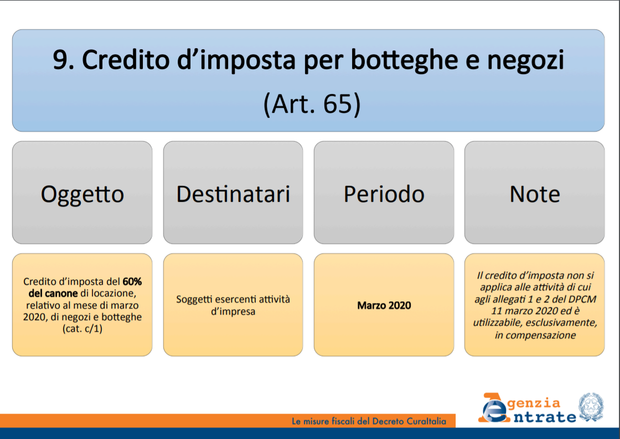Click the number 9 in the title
click(61, 60)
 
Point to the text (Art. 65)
click(312, 104)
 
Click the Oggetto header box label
click(82, 194)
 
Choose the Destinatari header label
click(233, 194)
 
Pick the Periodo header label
click(384, 194)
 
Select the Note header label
click(535, 194)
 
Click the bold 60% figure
click(132, 281)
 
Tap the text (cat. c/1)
click(82, 329)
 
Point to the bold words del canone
click(53, 294)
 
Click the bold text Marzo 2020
click(384, 305)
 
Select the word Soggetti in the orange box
click(193, 300)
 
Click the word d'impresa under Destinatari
click(233, 311)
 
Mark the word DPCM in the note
click(583, 299)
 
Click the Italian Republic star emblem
click(591, 407)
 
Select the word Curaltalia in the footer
click(426, 421)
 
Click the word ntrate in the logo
click(545, 417)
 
